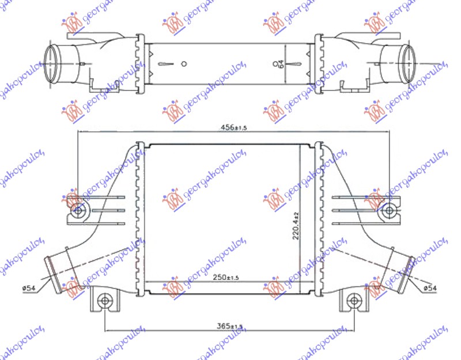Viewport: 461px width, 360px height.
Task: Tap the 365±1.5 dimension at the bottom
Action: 231,327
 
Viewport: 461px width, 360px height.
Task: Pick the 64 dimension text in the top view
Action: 282,64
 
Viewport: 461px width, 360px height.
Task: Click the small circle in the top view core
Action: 184,64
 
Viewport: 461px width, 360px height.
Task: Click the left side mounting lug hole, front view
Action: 78,211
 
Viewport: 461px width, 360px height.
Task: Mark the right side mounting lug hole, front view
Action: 389,211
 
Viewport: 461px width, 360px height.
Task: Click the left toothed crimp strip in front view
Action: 138,219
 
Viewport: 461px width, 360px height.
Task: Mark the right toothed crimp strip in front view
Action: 320,219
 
